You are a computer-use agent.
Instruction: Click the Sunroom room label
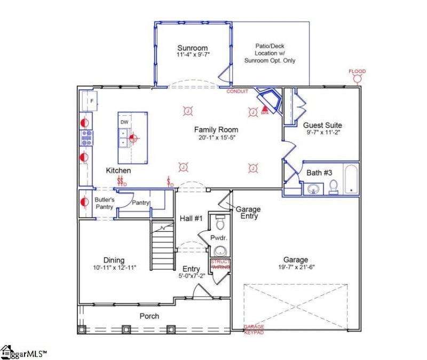coord(192,48)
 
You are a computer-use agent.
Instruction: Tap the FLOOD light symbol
coord(357,77)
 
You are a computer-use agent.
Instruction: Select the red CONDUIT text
coord(238,91)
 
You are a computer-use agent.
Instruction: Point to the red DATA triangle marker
coord(265,110)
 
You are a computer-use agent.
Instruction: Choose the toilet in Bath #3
coord(334,186)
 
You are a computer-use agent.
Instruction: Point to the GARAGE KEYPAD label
coord(254,329)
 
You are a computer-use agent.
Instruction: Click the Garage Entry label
coord(247,213)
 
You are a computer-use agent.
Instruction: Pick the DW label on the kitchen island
coord(124,122)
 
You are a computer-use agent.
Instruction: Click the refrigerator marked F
coord(91,100)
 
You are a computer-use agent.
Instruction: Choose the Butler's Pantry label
coord(105,203)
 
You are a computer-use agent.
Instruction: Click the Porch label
coord(149,316)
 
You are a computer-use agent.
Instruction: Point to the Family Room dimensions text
coord(216,138)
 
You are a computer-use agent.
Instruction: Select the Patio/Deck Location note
coord(270,53)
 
